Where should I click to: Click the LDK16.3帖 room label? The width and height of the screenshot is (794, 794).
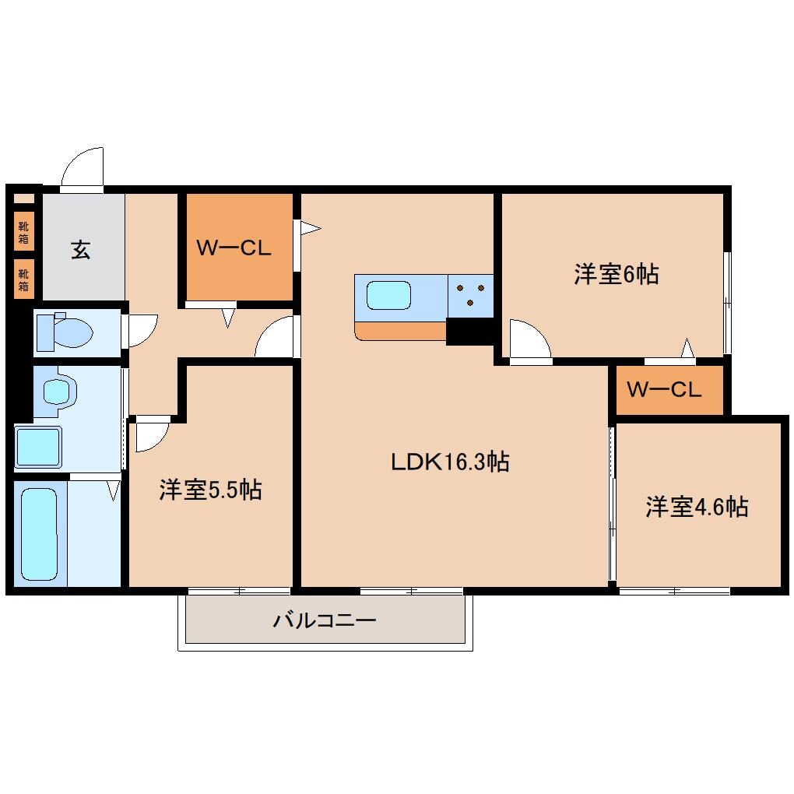pos(450,462)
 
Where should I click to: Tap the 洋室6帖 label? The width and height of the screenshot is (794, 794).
pos(617,274)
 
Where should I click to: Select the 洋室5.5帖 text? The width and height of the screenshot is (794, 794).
pos(210,490)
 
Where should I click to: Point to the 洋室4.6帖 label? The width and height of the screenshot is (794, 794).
pos(697,507)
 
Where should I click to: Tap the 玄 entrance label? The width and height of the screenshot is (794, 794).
pos(81,250)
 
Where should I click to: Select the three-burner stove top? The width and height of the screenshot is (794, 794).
pos(470,297)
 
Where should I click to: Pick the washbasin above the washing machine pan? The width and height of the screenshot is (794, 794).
pos(57,390)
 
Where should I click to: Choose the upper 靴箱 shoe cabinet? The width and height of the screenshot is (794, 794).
pos(24,231)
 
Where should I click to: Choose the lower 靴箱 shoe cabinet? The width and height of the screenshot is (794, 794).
pos(24,278)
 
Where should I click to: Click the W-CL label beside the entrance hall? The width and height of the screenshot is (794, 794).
pos(233,248)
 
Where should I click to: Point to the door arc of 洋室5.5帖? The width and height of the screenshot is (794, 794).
pos(151,435)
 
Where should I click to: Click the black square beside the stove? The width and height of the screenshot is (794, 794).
pos(469,332)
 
